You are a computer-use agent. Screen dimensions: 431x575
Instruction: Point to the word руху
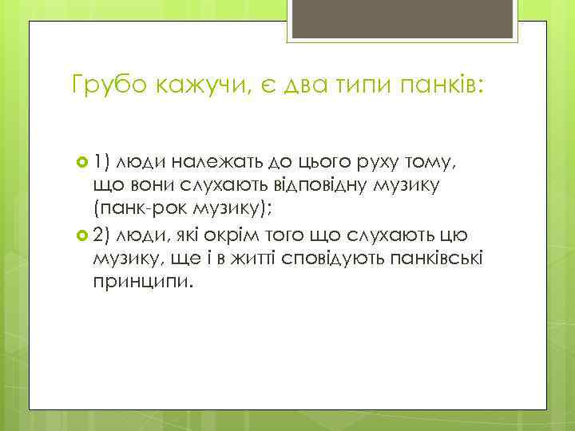362,164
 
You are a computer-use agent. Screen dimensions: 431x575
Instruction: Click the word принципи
143,282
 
